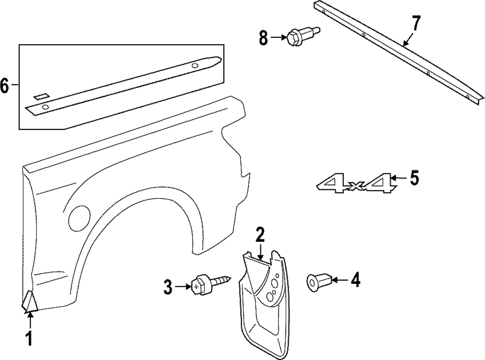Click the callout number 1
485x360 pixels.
click(x=30, y=338)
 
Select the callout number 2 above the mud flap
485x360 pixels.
click(x=260, y=235)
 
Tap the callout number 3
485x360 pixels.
click(x=168, y=288)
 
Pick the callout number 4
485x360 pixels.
click(x=356, y=280)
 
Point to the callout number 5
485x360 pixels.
click(x=413, y=178)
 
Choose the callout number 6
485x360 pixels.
click(x=5, y=86)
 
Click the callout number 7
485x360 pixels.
click(x=416, y=23)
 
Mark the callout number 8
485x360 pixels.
click(x=263, y=37)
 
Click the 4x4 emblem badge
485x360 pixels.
click(x=355, y=185)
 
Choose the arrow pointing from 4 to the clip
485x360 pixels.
click(x=339, y=280)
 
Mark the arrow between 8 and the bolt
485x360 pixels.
click(x=279, y=37)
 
